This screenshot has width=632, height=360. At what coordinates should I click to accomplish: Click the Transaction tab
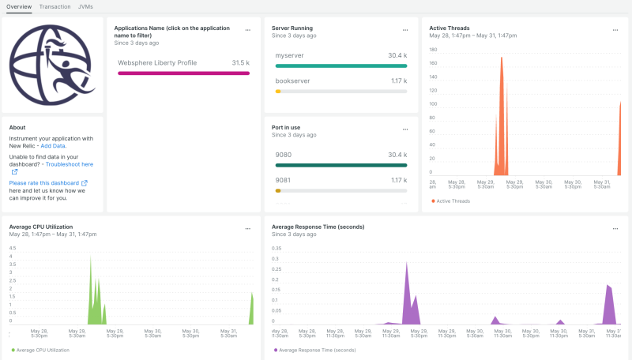pyautogui.click(x=55, y=6)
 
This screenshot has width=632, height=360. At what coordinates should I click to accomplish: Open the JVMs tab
pyautogui.click(x=85, y=6)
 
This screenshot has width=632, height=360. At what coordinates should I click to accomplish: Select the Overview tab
pyautogui.click(x=19, y=6)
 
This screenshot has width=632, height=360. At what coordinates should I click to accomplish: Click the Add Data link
pyautogui.click(x=53, y=146)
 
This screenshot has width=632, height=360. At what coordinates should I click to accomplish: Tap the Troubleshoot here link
pyautogui.click(x=69, y=164)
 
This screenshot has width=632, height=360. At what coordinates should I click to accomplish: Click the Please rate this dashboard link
pyautogui.click(x=44, y=182)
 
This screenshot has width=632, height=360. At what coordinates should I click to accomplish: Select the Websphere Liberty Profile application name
pyautogui.click(x=157, y=62)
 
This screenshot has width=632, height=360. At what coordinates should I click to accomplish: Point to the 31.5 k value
pyautogui.click(x=240, y=62)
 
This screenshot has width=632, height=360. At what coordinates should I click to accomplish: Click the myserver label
pyautogui.click(x=289, y=56)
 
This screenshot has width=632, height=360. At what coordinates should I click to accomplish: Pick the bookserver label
pyautogui.click(x=292, y=81)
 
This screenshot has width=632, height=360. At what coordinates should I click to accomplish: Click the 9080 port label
pyautogui.click(x=284, y=155)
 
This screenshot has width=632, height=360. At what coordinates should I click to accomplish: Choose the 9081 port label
pyautogui.click(x=284, y=179)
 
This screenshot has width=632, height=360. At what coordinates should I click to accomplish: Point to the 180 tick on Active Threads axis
pyautogui.click(x=432, y=49)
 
